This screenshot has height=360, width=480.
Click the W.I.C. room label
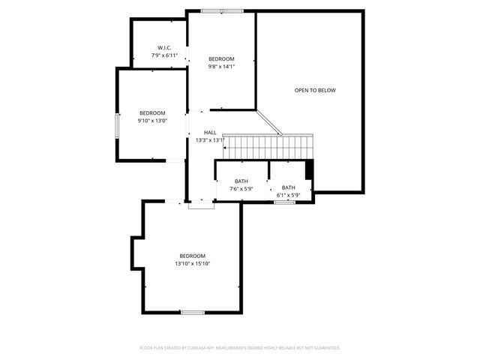coord(164,47)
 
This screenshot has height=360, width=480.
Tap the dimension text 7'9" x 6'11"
coord(164,55)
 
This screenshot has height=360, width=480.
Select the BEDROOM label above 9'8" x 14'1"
coord(221,59)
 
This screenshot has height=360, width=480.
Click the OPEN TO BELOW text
coord(315,90)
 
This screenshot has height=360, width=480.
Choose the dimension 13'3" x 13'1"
coord(210,140)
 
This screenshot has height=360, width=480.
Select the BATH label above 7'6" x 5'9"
coord(241,181)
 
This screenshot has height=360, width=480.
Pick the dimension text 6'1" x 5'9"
coord(288,196)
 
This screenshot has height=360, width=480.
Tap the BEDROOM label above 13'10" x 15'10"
coord(193,256)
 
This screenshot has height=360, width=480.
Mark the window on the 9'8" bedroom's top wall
coord(222,11)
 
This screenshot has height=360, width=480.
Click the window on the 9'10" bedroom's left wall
coord(116,125)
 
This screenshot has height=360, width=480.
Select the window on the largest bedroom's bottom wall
coord(192,312)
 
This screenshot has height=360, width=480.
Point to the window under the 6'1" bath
coord(284,202)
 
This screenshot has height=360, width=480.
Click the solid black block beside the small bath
coord(309,169)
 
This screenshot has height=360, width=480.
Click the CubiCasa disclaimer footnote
coord(240,348)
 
